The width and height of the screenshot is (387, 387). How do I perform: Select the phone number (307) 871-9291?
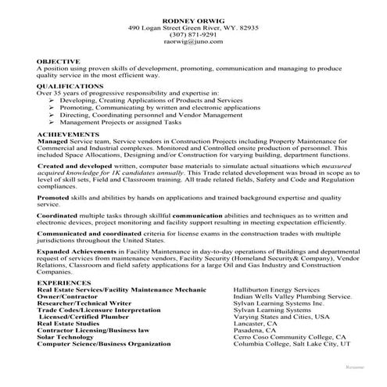coord(193,35)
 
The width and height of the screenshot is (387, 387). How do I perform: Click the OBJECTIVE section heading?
coord(58,60)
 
